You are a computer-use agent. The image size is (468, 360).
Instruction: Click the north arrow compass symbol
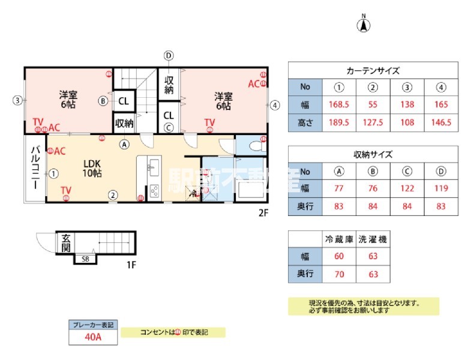(364, 25)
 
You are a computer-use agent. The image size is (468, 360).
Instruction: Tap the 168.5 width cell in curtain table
(340, 104)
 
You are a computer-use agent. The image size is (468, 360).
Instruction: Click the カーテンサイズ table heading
(373, 70)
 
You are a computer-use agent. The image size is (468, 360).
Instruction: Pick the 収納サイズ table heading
(373, 154)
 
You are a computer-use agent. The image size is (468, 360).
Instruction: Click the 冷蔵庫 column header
(338, 239)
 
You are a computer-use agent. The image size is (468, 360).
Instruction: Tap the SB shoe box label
(85, 259)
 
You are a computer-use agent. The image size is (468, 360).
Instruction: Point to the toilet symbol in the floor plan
(257, 145)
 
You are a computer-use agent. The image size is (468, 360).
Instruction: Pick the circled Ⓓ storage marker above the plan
(169, 55)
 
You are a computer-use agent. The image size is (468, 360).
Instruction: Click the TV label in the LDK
(66, 190)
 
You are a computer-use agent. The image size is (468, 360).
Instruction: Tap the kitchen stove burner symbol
(154, 191)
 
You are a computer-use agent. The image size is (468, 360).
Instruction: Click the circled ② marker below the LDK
(112, 194)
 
